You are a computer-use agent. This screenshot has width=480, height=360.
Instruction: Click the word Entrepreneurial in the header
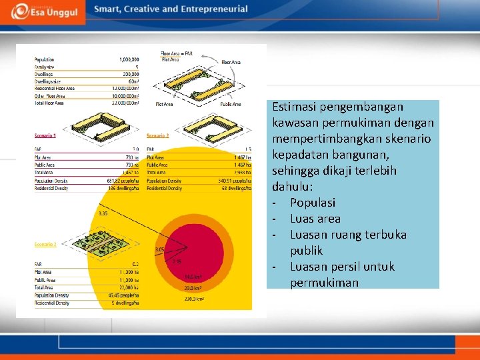tap(213, 9)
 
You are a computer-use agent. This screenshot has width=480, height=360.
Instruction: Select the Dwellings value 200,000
tap(127, 74)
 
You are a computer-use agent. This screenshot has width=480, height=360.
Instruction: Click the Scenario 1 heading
tap(45, 136)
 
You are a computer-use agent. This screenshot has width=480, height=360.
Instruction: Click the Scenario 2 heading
tap(158, 136)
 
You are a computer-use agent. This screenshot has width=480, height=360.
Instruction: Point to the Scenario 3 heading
tap(45, 245)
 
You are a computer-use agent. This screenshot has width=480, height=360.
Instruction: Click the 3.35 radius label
tap(103, 213)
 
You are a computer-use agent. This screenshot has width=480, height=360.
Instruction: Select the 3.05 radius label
tap(159, 249)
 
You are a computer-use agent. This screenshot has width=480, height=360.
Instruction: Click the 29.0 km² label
tap(194, 288)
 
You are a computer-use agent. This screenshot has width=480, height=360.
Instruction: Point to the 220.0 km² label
tap(194, 299)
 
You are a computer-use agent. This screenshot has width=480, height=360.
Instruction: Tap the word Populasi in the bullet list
tap(312, 203)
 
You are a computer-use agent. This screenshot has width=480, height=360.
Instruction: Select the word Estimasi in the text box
tap(295, 107)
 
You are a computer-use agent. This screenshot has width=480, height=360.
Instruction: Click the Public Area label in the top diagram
tap(230, 104)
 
